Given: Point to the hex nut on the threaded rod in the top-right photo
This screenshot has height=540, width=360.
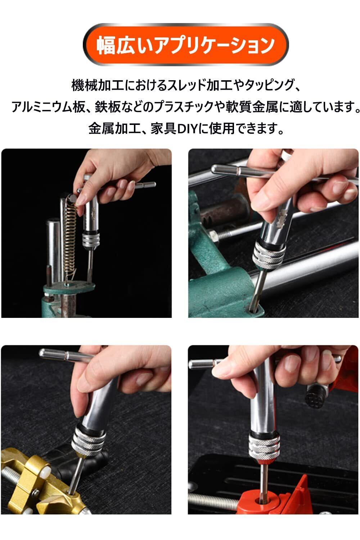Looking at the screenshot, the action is [x=213, y=236].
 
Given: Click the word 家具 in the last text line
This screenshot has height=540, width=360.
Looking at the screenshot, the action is [x=164, y=129].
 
